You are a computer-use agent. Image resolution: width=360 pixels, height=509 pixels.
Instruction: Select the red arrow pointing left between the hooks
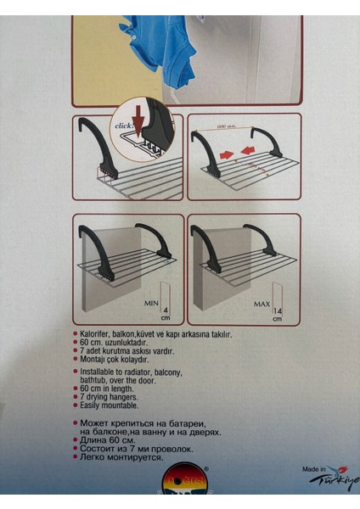pyautogui.click(x=251, y=153)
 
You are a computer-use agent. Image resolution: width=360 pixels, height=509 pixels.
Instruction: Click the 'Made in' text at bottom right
pyautogui.click(x=314, y=469)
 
